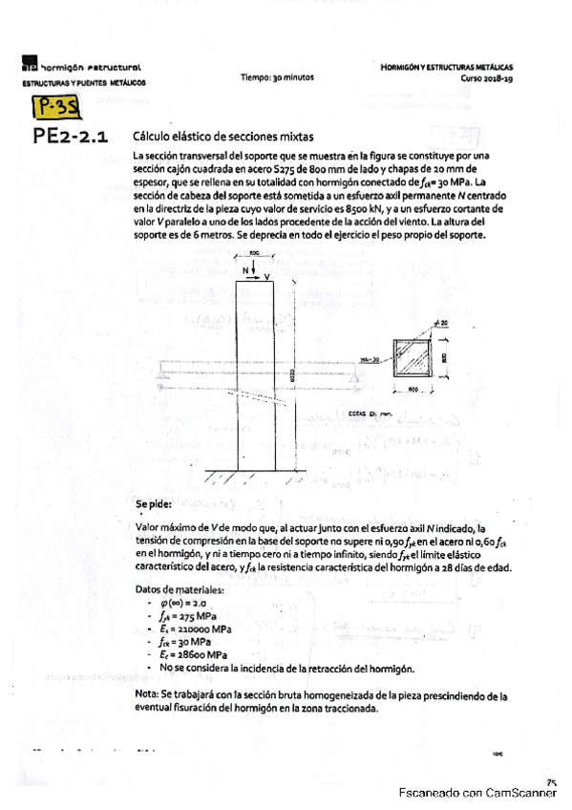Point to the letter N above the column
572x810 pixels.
248,271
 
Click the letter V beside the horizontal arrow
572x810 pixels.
267,277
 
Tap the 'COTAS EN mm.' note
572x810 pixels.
359,415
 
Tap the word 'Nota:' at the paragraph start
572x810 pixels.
149,695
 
